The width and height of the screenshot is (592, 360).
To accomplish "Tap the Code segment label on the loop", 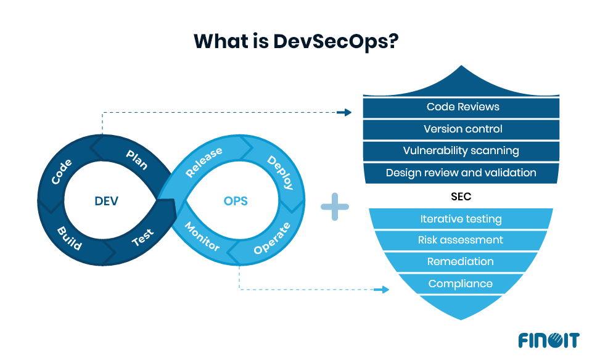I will point(62,172).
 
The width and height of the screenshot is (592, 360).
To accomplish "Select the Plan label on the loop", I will point(136,158).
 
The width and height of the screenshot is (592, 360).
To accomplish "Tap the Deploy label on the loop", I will point(280,171).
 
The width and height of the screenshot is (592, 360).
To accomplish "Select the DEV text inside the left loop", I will point(107,201).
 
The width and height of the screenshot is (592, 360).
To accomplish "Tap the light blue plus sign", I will point(335,207).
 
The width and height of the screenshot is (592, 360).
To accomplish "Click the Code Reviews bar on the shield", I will point(462,107).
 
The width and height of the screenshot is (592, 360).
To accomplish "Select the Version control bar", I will point(462,129).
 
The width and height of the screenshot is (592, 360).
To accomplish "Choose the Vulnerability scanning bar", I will point(461,151).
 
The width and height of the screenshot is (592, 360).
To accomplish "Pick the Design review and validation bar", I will point(461,173).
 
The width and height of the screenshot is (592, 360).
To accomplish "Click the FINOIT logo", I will point(548,340).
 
